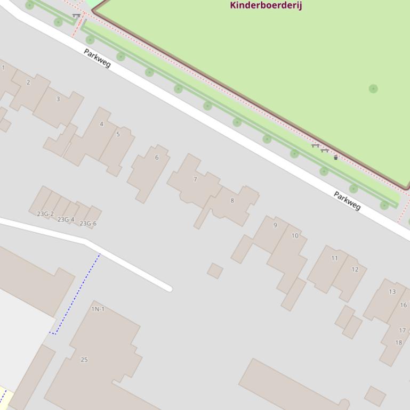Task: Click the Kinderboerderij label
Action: (x=266, y=5)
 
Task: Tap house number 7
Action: (x=195, y=179)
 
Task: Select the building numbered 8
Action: (x=232, y=201)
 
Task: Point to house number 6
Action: (x=157, y=158)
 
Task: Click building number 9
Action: (x=275, y=225)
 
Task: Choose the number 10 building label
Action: (x=295, y=235)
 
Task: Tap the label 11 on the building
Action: (x=334, y=258)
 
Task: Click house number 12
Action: (x=355, y=269)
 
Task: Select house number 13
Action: (x=392, y=292)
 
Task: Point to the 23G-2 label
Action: (x=45, y=214)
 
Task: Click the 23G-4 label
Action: (x=66, y=219)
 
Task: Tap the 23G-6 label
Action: (x=88, y=224)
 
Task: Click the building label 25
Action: (x=84, y=360)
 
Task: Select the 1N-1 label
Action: (x=98, y=309)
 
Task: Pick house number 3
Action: (x=58, y=99)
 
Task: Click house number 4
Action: (x=101, y=124)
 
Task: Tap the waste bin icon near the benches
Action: (x=335, y=158)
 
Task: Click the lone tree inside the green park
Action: (x=373, y=89)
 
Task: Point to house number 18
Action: (x=398, y=342)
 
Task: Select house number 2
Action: (x=28, y=83)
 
